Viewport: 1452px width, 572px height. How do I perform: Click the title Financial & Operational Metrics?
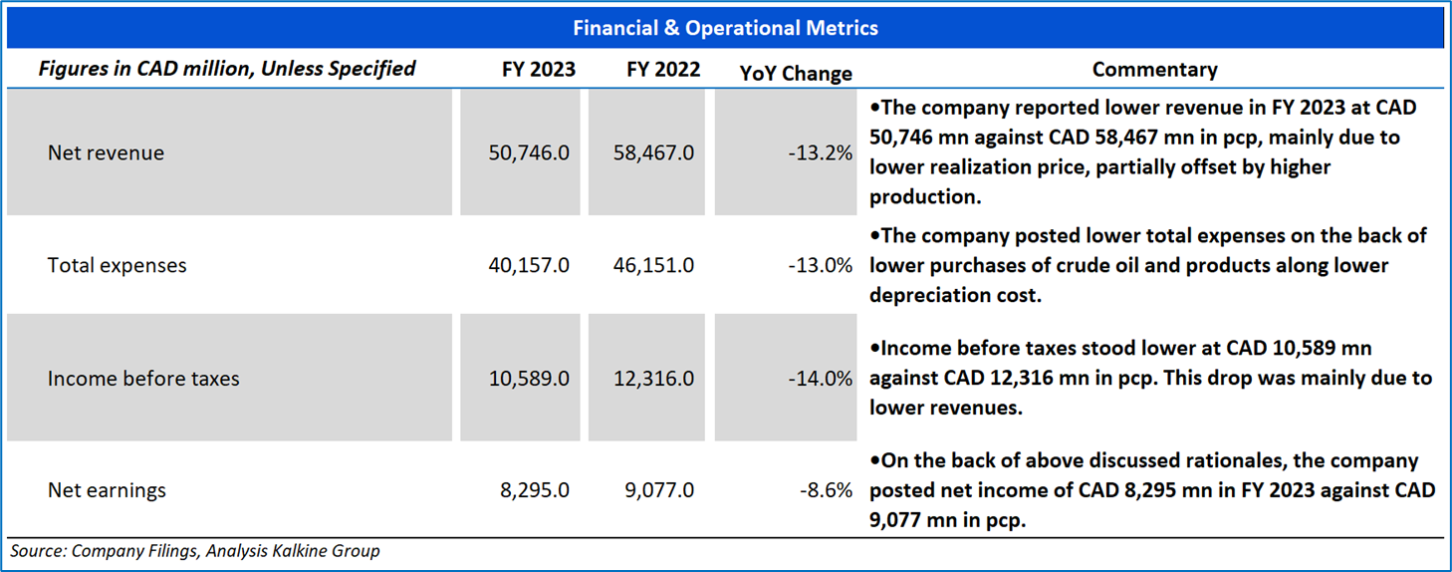click(x=725, y=28)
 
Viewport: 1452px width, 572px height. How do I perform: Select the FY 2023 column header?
click(x=538, y=70)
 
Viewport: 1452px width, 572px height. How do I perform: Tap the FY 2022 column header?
click(x=663, y=70)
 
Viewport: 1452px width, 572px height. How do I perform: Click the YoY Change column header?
click(x=796, y=73)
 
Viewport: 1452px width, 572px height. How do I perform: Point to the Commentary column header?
click(x=1154, y=70)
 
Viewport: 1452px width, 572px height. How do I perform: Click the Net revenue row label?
click(x=106, y=152)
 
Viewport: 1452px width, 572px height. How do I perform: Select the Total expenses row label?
click(x=117, y=265)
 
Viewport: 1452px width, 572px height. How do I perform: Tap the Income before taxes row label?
click(x=143, y=379)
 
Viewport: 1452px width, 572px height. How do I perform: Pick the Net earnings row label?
click(x=107, y=490)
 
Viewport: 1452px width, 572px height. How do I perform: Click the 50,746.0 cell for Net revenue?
click(x=528, y=152)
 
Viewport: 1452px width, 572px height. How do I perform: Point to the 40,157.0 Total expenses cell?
click(x=528, y=265)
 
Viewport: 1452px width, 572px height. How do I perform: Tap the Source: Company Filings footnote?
click(x=195, y=550)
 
